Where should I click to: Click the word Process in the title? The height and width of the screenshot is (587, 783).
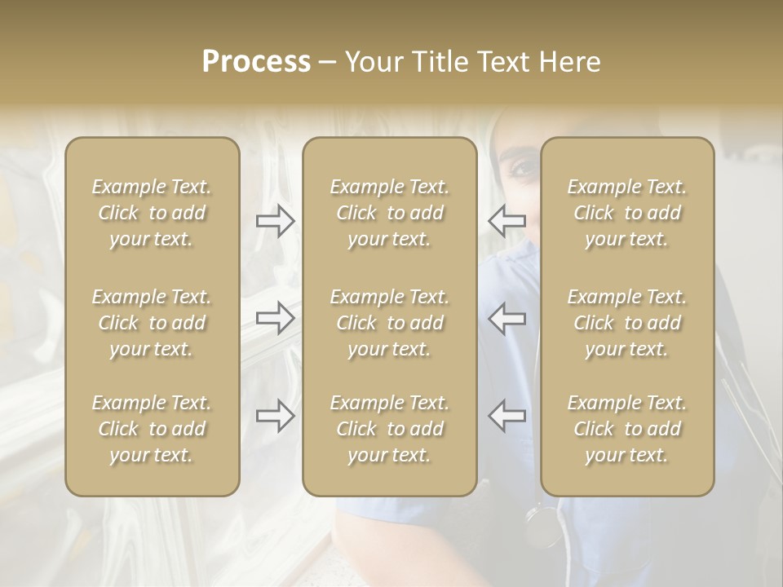click(x=256, y=62)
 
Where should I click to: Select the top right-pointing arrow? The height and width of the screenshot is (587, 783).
click(x=275, y=220)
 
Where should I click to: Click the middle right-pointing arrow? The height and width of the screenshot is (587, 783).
click(x=275, y=318)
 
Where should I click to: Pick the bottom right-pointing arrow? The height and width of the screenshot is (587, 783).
click(x=275, y=416)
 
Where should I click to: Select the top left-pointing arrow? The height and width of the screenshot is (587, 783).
click(x=507, y=220)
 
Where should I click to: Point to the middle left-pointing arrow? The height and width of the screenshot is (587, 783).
click(x=507, y=318)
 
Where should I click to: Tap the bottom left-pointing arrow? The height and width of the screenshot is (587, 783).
click(x=507, y=416)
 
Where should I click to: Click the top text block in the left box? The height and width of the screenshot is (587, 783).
click(x=152, y=213)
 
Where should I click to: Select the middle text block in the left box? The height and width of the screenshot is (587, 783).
click(x=152, y=323)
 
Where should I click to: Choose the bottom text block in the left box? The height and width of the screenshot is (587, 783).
click(x=152, y=429)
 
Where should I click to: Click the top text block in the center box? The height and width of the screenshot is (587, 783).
click(x=389, y=213)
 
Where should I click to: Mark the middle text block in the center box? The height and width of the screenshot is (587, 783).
click(x=389, y=323)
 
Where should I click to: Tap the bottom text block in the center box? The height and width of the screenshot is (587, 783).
click(x=389, y=429)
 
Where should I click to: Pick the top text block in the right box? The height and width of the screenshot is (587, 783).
click(x=626, y=213)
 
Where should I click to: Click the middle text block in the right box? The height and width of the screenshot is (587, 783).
click(x=626, y=323)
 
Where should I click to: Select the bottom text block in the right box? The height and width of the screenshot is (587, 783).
click(x=626, y=429)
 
